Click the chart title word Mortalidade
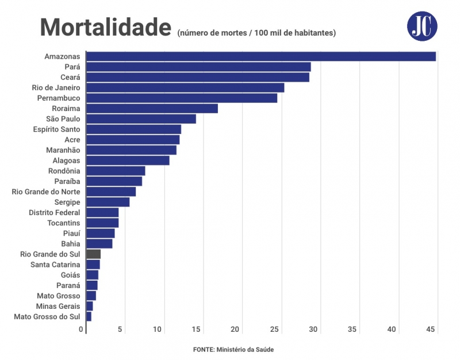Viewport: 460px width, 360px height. click(105, 27)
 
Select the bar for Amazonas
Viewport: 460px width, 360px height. click(260, 56)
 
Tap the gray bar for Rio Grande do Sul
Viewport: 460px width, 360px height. click(93, 254)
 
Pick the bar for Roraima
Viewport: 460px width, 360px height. click(152, 108)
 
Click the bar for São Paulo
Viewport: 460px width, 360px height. click(141, 119)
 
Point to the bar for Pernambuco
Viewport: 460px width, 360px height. click(181, 98)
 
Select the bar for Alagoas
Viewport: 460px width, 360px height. click(128, 160)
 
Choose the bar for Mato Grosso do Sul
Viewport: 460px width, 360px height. click(89, 317)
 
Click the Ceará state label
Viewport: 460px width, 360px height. click(70, 78)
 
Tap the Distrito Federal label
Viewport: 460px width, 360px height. click(55, 213)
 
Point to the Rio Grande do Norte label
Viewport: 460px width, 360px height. click(46, 192)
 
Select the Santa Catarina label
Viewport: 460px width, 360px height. click(55, 265)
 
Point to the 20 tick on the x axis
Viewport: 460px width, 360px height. click(235, 330)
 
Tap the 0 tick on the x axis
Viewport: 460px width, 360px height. click(81, 330)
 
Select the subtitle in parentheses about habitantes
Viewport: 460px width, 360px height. click(256, 33)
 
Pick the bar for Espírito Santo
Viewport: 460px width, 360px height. click(133, 129)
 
